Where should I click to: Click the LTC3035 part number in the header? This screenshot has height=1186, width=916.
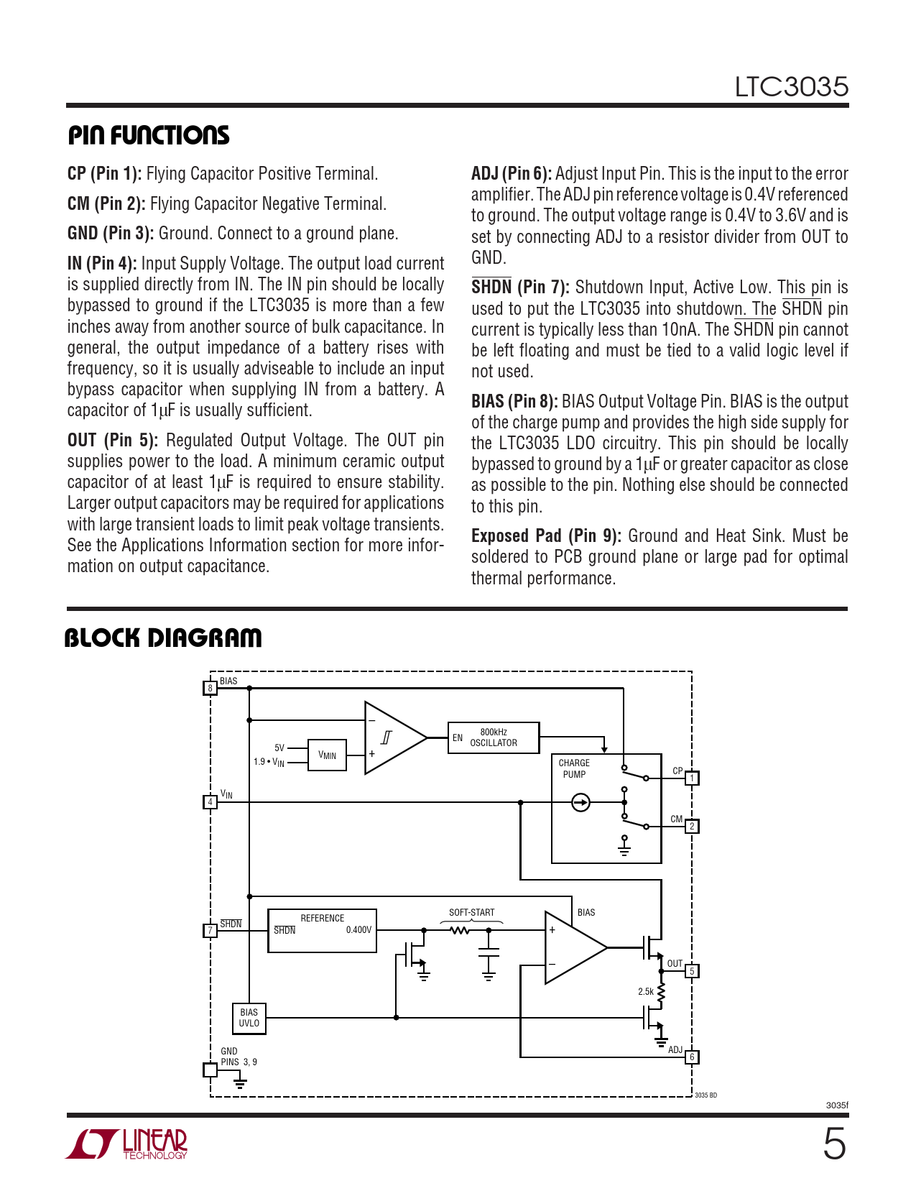click(791, 87)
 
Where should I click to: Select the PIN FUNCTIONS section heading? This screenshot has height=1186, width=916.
click(149, 135)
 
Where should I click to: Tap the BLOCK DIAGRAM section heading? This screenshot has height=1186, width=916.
click(163, 638)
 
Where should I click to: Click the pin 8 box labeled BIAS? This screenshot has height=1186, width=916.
click(210, 688)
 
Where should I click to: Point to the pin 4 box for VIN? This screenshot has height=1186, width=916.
click(210, 801)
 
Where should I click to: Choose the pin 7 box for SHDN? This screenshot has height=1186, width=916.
click(210, 931)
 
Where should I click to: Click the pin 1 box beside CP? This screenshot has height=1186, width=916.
click(692, 778)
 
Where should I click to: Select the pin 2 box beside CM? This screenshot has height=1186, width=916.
click(692, 826)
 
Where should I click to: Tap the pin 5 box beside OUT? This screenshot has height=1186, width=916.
click(692, 971)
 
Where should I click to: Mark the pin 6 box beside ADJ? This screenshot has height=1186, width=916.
click(692, 1057)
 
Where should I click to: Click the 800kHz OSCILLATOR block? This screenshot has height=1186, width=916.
click(493, 737)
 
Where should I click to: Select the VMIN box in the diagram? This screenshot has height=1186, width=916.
click(327, 755)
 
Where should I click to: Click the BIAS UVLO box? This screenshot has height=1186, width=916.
click(249, 1019)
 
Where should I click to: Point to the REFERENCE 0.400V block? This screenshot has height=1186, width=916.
click(322, 930)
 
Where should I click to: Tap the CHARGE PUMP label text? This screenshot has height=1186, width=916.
click(574, 768)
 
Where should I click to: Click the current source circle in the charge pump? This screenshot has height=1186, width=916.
click(580, 802)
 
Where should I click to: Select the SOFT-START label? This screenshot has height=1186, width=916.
click(471, 912)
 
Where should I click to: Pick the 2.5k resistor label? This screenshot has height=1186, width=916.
click(646, 992)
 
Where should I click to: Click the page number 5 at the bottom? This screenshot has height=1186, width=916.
click(834, 1144)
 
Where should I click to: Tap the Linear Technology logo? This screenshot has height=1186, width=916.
click(127, 1144)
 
